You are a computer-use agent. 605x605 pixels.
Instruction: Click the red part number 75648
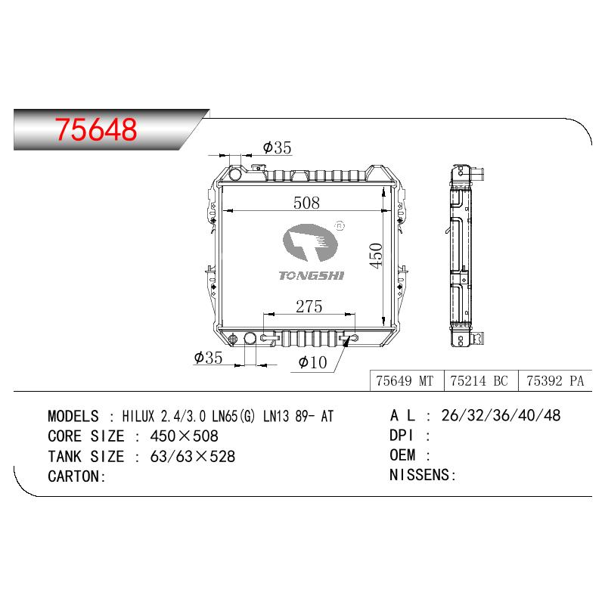click(x=96, y=129)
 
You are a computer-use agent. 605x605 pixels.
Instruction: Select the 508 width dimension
click(x=306, y=203)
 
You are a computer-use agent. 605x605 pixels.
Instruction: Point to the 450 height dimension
click(x=375, y=255)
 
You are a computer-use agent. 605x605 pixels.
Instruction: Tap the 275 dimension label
click(x=309, y=307)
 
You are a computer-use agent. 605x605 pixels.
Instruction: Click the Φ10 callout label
click(x=312, y=362)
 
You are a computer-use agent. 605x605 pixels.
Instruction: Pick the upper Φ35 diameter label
click(x=277, y=147)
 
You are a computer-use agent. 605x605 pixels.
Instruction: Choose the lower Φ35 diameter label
click(x=208, y=358)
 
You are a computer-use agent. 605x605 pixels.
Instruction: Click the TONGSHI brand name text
click(x=311, y=275)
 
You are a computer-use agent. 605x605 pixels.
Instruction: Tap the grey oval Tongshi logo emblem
click(x=310, y=243)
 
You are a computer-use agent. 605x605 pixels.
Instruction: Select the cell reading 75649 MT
click(x=405, y=381)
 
